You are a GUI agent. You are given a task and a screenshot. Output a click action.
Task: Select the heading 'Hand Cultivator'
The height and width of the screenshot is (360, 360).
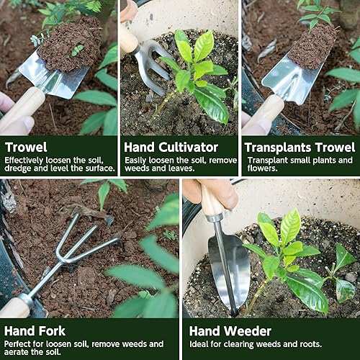pos(171,148)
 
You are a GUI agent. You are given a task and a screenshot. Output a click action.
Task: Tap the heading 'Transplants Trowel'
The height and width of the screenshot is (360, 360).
pos(297,148)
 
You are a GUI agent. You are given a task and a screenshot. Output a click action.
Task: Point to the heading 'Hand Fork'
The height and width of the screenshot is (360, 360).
pos(35,331)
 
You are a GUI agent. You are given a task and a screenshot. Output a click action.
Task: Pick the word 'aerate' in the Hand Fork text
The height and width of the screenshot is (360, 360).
pos(22,351)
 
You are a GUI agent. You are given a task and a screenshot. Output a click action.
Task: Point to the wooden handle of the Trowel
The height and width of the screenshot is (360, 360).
pos(22,108)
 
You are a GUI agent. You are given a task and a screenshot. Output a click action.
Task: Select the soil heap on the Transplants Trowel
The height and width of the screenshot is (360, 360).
pos(312,47)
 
